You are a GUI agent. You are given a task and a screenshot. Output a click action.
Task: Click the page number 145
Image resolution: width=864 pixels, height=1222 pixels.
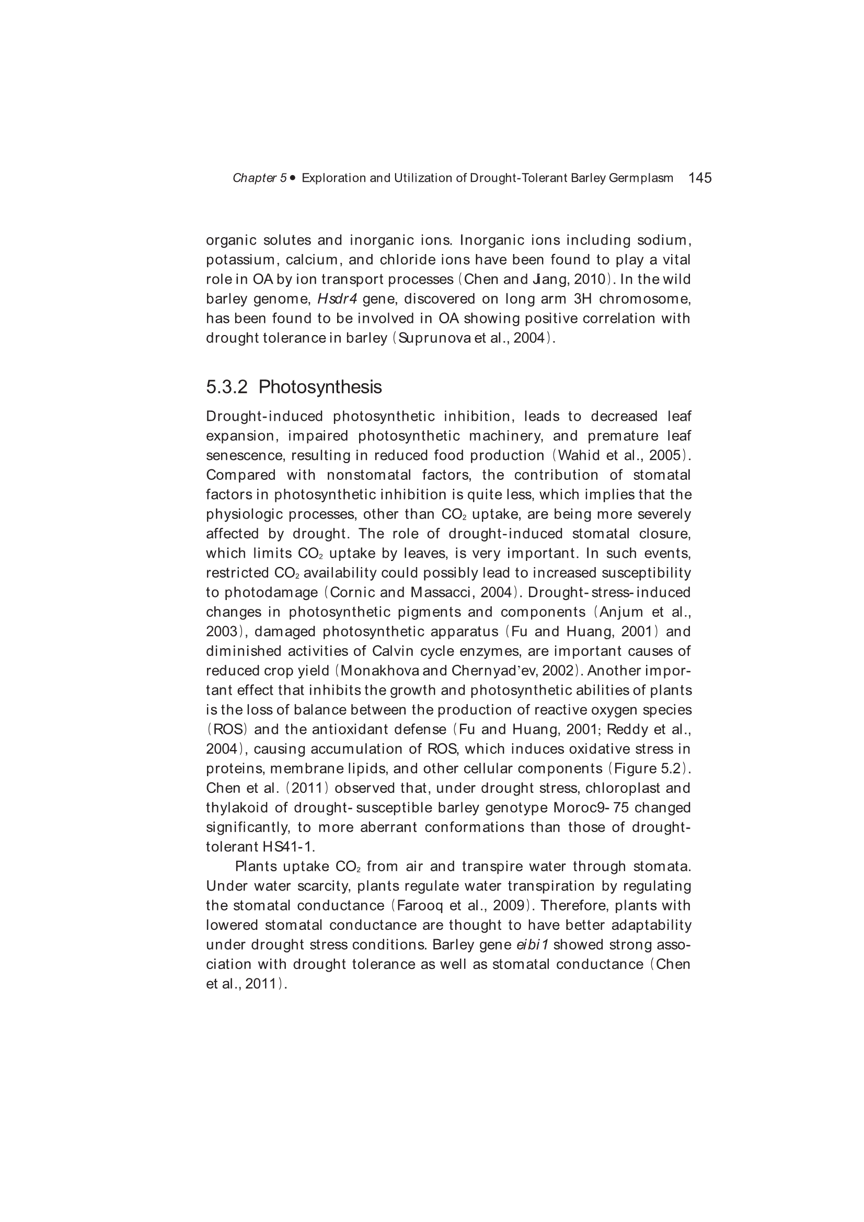(x=699, y=178)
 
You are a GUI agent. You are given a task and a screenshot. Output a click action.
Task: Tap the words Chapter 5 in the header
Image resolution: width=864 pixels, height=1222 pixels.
(x=260, y=178)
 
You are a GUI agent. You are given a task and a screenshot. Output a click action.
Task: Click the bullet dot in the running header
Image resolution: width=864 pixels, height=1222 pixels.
(x=293, y=178)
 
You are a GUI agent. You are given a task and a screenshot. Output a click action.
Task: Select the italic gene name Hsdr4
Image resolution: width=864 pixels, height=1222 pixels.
(x=337, y=299)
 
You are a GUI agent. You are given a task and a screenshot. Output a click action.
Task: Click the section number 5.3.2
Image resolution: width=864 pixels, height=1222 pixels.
(x=227, y=387)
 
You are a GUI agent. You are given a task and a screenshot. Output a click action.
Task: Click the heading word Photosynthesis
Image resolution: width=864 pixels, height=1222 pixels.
(x=320, y=387)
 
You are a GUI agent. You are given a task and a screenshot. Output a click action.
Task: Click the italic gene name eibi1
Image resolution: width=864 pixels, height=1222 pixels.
(x=532, y=944)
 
